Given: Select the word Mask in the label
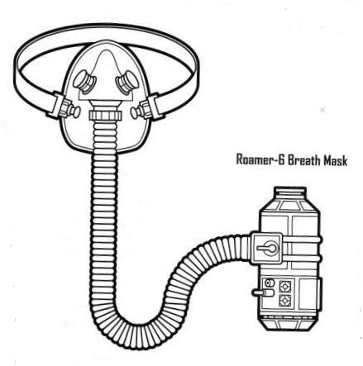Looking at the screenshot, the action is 336,160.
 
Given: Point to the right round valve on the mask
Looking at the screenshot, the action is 127,82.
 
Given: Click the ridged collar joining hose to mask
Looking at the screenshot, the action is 105,115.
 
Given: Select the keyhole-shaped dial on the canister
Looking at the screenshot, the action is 267,248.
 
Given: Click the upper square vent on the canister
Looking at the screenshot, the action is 284,287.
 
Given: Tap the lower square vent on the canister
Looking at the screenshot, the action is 284,301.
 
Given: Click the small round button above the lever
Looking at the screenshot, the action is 268,283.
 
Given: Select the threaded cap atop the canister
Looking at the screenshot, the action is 290,191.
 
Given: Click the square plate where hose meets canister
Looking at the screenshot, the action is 267,248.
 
